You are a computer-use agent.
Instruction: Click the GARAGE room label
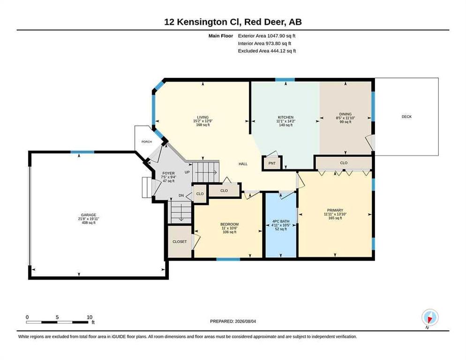[89, 215]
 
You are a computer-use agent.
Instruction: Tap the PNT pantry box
[272, 163]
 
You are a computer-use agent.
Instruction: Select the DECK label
[406, 117]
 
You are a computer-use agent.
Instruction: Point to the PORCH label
[147, 142]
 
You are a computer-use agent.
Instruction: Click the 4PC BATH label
[281, 221]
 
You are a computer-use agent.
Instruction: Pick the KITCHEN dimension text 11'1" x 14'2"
[286, 121]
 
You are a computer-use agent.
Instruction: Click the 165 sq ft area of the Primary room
[335, 218]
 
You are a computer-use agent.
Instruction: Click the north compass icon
[430, 317]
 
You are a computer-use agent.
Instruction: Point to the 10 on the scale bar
[90, 317]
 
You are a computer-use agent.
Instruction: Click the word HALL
[243, 164]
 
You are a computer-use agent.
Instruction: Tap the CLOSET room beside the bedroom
[180, 242]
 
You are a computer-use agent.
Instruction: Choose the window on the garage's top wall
[83, 152]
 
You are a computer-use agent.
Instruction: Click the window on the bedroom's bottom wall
[228, 259]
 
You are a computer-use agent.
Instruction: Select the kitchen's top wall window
[285, 80]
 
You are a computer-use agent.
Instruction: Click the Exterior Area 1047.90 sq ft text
[267, 36]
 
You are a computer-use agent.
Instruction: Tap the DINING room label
[346, 114]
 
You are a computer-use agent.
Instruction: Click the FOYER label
[168, 173]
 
